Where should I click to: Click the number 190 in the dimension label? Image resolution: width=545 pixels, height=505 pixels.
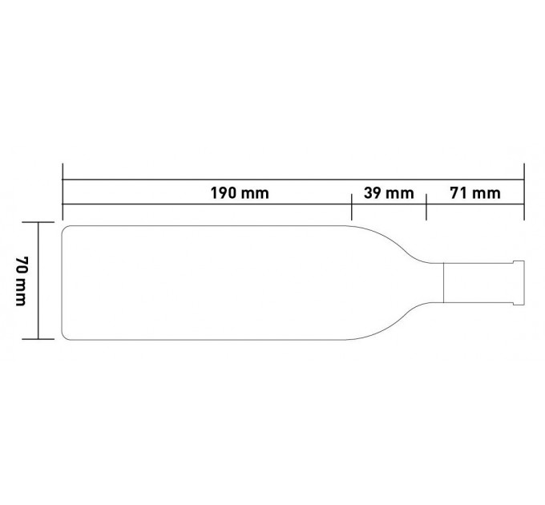[x=223, y=193]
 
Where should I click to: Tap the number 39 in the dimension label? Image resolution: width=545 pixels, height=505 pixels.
[x=372, y=193]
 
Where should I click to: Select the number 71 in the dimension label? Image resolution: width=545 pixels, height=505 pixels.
[x=458, y=193]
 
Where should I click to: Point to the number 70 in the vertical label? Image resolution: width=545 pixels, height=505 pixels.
[x=22, y=266]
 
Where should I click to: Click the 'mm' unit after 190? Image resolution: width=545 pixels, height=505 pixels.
[x=254, y=194]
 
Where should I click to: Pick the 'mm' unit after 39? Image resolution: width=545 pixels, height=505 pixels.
[x=399, y=194]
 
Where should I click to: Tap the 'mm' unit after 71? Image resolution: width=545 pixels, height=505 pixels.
[x=486, y=194]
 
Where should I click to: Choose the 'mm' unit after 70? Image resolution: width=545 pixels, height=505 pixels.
[x=21, y=293]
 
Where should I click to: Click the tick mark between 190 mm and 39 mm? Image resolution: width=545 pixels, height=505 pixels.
[x=352, y=207]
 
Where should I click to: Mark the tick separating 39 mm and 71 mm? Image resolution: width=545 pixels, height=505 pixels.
[x=426, y=207]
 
